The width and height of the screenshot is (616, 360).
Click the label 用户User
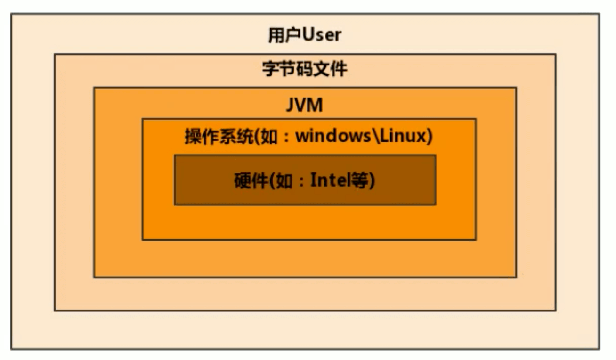click(x=304, y=35)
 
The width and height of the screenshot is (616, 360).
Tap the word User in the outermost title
click(x=322, y=35)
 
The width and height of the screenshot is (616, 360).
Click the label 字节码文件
click(x=305, y=70)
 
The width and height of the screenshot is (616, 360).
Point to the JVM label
click(x=305, y=105)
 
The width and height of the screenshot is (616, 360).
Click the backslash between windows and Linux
click(x=375, y=137)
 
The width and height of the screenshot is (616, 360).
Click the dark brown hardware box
click(x=305, y=196)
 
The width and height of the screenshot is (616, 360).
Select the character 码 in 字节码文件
click(x=305, y=70)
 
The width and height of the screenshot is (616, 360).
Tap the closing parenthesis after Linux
click(x=429, y=137)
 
